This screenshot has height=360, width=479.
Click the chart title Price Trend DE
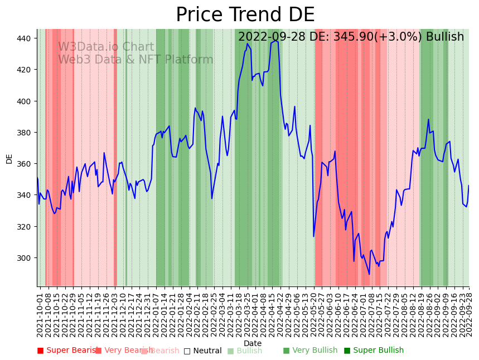point(245,15)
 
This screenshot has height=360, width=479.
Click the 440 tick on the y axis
point(25,38)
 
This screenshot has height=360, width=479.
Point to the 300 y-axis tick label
point(25,258)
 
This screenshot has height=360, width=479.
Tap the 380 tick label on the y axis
point(25,133)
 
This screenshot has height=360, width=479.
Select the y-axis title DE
point(9,159)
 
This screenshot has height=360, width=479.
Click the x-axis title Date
point(253,343)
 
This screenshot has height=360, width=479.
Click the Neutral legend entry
point(203,351)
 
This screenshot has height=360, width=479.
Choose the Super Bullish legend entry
point(374,351)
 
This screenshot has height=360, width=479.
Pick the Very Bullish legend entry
point(310,351)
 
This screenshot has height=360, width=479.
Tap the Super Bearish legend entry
point(67,351)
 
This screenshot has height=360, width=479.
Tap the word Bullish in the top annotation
point(444,37)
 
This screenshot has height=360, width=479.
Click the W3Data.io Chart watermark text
point(106,47)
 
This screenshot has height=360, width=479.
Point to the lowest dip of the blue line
point(369,274)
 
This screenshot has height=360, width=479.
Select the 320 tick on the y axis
point(25,227)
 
